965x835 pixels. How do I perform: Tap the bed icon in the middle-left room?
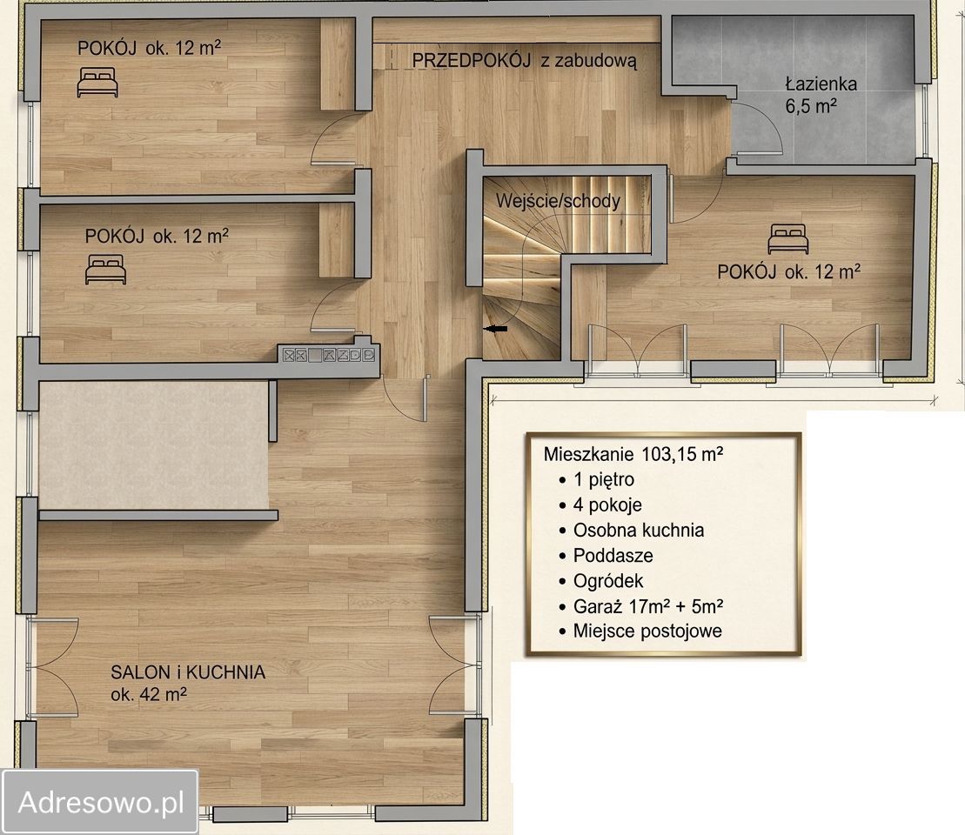coord(105,270)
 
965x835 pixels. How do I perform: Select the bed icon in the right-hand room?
coord(787,239)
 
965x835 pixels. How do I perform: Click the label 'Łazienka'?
coord(821,83)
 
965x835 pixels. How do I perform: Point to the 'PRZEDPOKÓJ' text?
coord(472,60)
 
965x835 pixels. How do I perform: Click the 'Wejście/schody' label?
coord(558,201)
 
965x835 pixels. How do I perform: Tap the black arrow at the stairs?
coord(495,329)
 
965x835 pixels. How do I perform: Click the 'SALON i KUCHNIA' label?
coord(188,672)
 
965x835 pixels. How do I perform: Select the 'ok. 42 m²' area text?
coord(149,694)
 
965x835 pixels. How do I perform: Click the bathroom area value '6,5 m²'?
coord(810,106)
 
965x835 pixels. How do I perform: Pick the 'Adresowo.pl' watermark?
coord(101,803)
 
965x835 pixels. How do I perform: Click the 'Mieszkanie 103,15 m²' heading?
coord(633,454)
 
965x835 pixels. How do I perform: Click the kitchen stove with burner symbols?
coord(328,354)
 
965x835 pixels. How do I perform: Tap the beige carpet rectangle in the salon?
coord(154,445)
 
